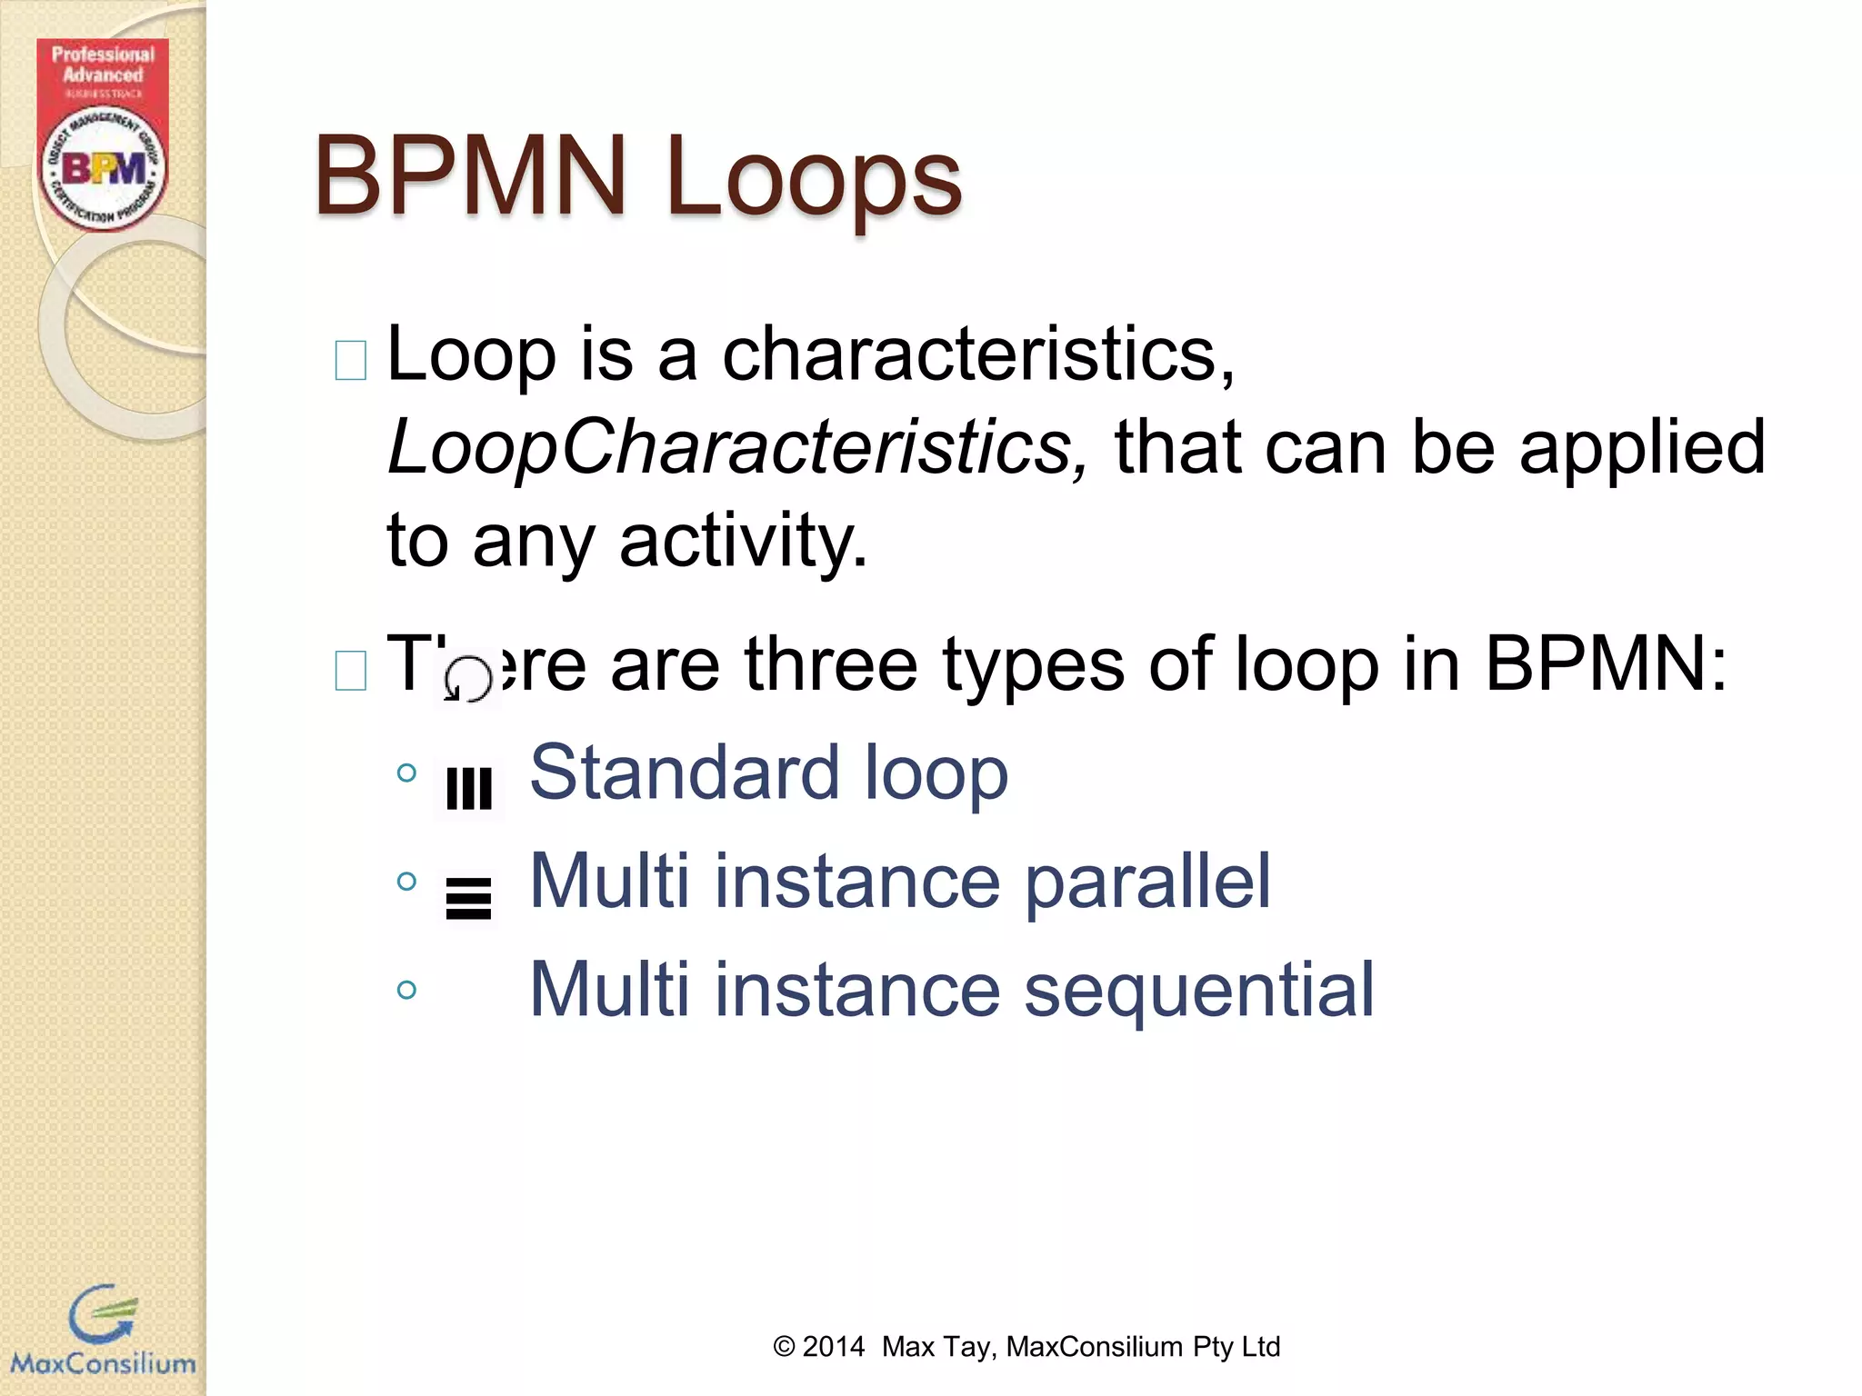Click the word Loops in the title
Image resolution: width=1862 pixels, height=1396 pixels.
click(814, 177)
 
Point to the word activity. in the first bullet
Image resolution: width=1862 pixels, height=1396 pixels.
click(743, 540)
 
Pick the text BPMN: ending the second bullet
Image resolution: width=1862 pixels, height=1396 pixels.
click(1606, 664)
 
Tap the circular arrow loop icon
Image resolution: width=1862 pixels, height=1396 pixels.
click(468, 678)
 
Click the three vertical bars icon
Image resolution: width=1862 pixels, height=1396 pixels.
click(469, 788)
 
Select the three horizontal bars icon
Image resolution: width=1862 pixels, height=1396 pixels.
click(469, 898)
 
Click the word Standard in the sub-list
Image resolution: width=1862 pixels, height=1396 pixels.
click(684, 773)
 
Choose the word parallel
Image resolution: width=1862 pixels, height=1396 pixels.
click(1147, 881)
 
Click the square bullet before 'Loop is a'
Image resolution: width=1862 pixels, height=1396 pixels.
click(351, 360)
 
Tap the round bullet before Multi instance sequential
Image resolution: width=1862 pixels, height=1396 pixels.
click(407, 990)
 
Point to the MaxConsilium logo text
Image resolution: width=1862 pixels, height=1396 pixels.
click(103, 1363)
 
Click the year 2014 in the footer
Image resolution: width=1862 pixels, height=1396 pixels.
click(833, 1346)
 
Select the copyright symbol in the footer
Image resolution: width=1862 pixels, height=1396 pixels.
click(784, 1346)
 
